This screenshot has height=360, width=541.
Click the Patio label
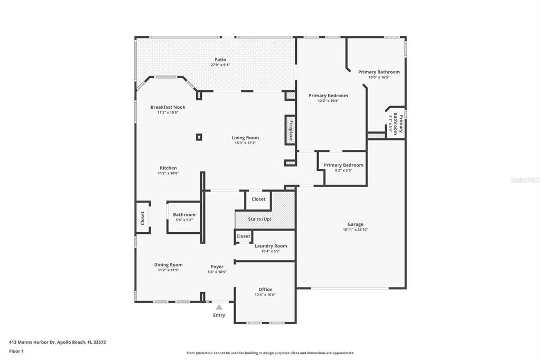(x=220, y=60)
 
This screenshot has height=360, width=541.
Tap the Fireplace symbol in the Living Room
(x=290, y=130)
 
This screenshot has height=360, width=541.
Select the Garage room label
(x=355, y=224)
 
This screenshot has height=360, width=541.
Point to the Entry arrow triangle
(x=219, y=307)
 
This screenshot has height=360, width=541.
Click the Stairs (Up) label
(x=259, y=219)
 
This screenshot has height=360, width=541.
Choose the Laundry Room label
(x=270, y=246)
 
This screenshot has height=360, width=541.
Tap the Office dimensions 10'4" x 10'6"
(x=265, y=295)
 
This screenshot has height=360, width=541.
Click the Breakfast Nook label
(x=167, y=107)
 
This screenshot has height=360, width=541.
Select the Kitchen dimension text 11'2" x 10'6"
(x=168, y=173)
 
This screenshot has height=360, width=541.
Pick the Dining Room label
(x=168, y=265)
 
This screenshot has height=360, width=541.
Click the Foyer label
(x=217, y=267)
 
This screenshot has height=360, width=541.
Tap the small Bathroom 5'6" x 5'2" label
(x=184, y=215)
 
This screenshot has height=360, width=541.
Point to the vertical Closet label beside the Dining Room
(x=143, y=218)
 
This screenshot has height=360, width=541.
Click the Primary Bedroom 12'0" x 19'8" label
(x=328, y=96)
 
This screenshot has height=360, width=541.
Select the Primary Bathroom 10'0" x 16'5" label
(x=379, y=72)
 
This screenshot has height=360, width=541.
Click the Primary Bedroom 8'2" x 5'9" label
(x=343, y=165)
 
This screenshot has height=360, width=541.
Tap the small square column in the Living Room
(x=199, y=137)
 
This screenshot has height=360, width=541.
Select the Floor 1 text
(x=16, y=351)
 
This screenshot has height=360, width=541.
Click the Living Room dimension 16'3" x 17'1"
(x=245, y=143)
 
